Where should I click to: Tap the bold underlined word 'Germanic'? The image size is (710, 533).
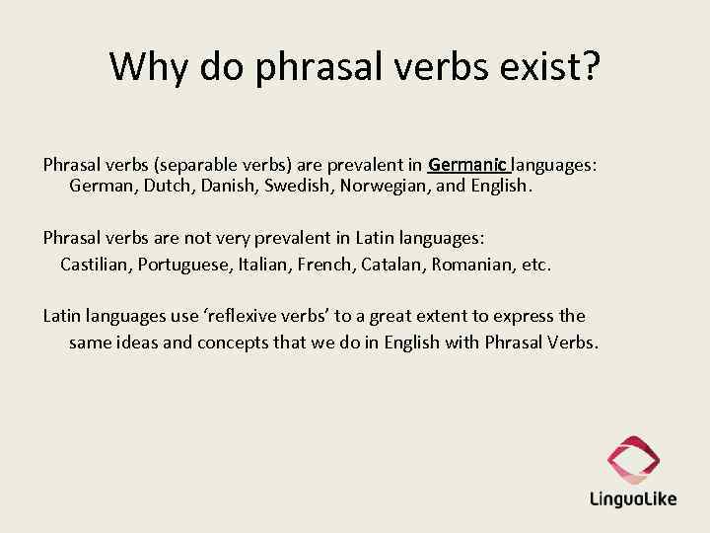[468, 164]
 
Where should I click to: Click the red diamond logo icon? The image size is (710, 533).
[633, 458]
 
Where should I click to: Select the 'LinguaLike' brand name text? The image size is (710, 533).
[633, 497]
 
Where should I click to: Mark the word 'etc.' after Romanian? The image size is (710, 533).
[535, 265]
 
